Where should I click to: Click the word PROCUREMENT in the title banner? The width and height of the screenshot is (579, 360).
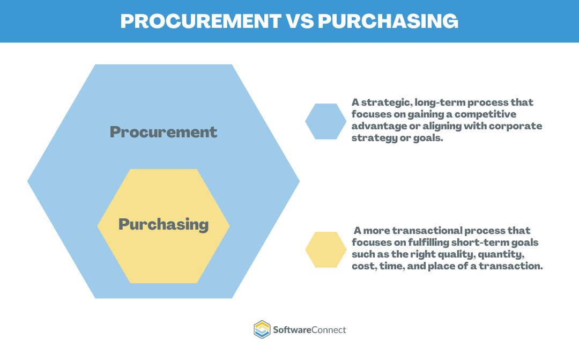click(201, 20)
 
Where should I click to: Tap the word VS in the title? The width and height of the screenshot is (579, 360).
click(299, 20)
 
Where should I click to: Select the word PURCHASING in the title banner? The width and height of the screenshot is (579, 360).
click(388, 20)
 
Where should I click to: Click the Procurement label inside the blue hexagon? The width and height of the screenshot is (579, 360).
click(164, 132)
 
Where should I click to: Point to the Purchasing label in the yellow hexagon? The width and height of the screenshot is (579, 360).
click(164, 224)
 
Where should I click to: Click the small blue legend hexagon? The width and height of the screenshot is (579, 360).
click(325, 122)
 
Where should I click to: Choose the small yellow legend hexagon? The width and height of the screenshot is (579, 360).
click(325, 249)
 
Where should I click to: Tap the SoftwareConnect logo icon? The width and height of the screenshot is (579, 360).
click(262, 329)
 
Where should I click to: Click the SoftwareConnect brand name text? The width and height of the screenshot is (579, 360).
click(310, 329)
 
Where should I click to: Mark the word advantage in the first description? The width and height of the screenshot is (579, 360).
click(376, 126)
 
